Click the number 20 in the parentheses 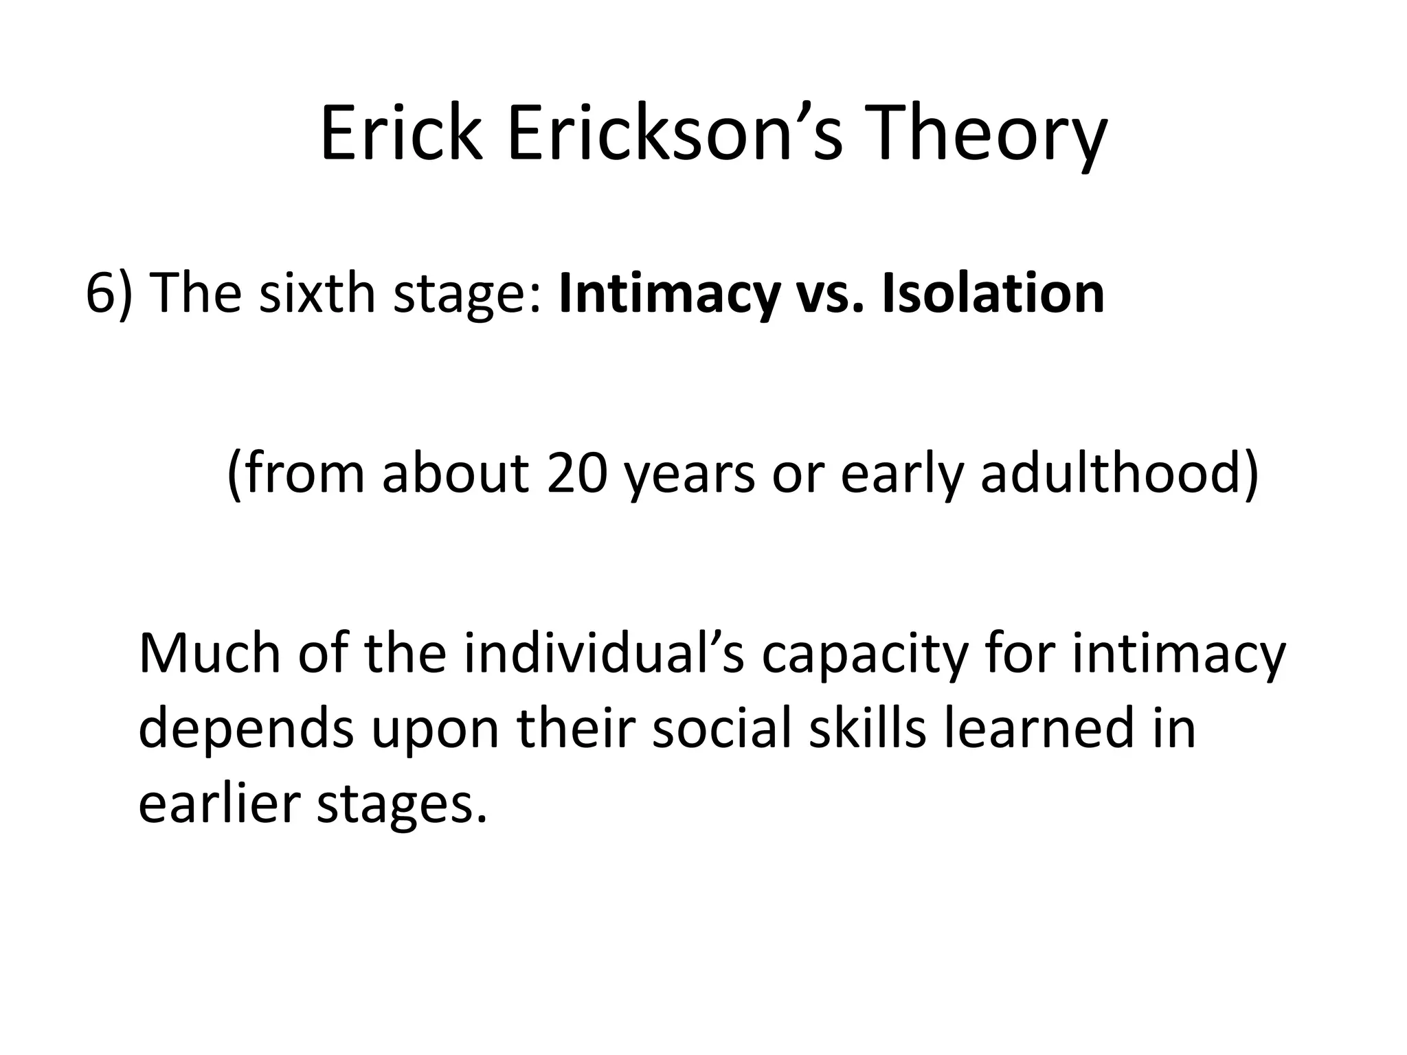pyautogui.click(x=577, y=474)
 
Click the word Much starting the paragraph pyautogui.click(x=210, y=653)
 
